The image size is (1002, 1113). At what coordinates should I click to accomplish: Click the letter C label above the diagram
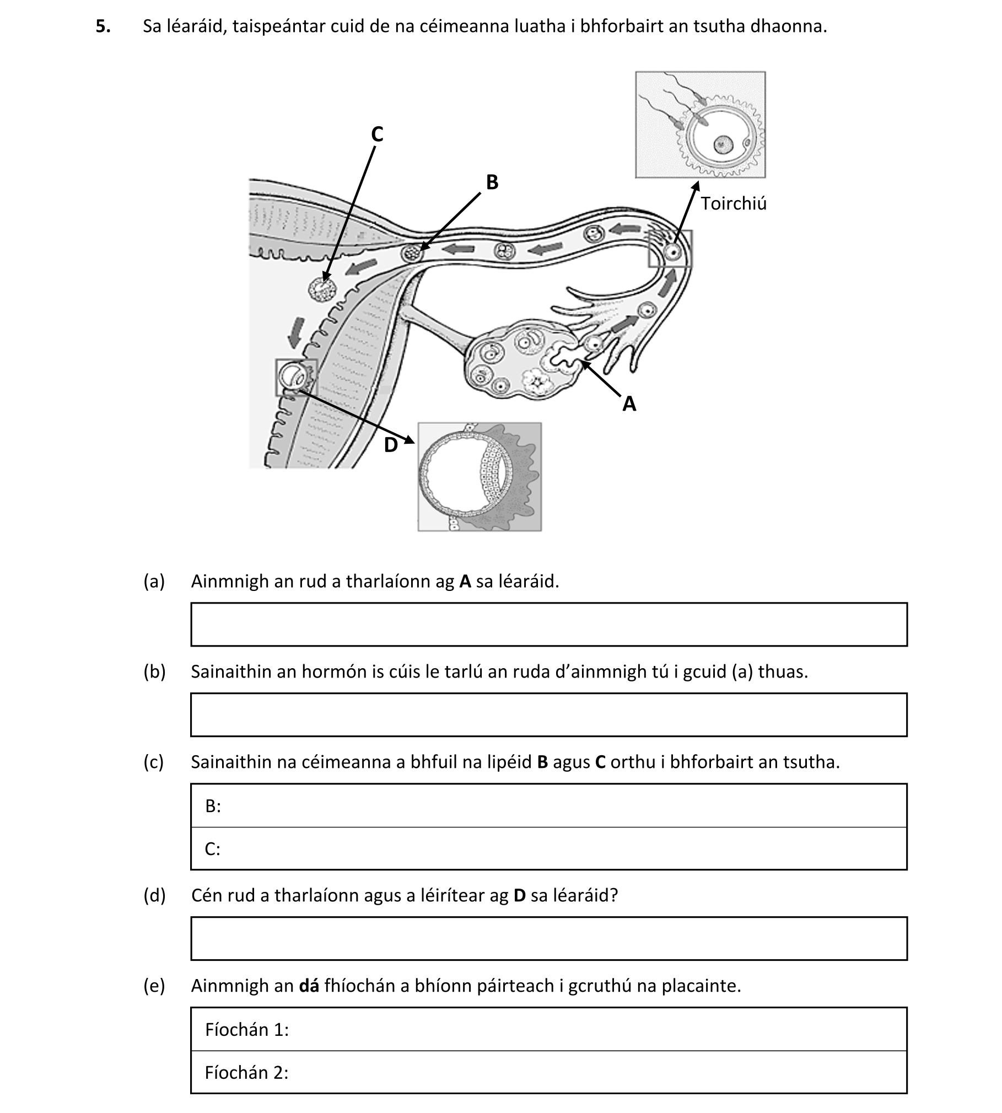[377, 135]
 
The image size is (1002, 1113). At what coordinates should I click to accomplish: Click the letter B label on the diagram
[492, 182]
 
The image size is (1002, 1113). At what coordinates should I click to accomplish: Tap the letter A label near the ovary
[629, 405]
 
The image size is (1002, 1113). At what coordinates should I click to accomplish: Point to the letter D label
[391, 445]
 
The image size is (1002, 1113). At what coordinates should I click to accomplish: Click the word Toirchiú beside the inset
[734, 204]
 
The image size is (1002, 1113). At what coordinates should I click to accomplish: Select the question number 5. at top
[103, 26]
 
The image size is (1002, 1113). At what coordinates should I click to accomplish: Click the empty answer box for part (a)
[548, 624]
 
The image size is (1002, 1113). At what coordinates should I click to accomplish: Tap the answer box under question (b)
[548, 714]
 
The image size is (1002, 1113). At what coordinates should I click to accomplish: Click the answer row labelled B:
[548, 805]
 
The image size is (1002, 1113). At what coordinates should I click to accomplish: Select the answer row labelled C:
[548, 848]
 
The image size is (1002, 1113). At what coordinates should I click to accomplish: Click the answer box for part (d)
[548, 939]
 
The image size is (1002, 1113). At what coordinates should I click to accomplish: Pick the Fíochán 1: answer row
[548, 1029]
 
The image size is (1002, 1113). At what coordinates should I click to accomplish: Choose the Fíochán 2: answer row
[548, 1072]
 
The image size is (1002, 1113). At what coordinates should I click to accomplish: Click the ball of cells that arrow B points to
[411, 254]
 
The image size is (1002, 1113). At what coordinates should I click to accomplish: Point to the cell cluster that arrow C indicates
[321, 289]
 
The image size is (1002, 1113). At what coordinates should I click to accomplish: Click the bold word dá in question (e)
[309, 986]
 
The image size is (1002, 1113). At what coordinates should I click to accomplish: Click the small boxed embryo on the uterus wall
[296, 377]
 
